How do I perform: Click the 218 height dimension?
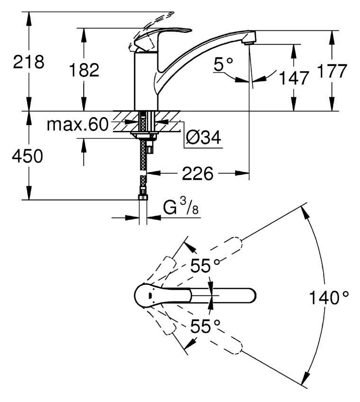tap(28, 62)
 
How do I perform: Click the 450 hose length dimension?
tap(27, 156)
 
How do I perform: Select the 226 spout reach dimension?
tap(197, 174)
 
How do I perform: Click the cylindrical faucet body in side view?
tap(145, 81)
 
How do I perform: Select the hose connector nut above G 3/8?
tap(142, 197)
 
